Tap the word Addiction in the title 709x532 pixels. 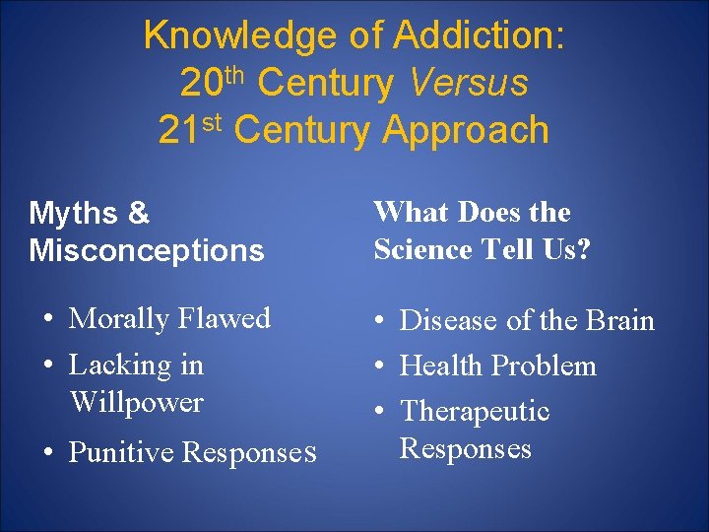coord(479,36)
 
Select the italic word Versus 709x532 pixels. coord(470,84)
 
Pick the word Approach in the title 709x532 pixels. coord(466,131)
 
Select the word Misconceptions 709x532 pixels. coord(147,250)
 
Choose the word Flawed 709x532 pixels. coord(225,318)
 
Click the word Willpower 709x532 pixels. coord(137,403)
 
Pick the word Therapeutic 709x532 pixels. coord(475,412)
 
